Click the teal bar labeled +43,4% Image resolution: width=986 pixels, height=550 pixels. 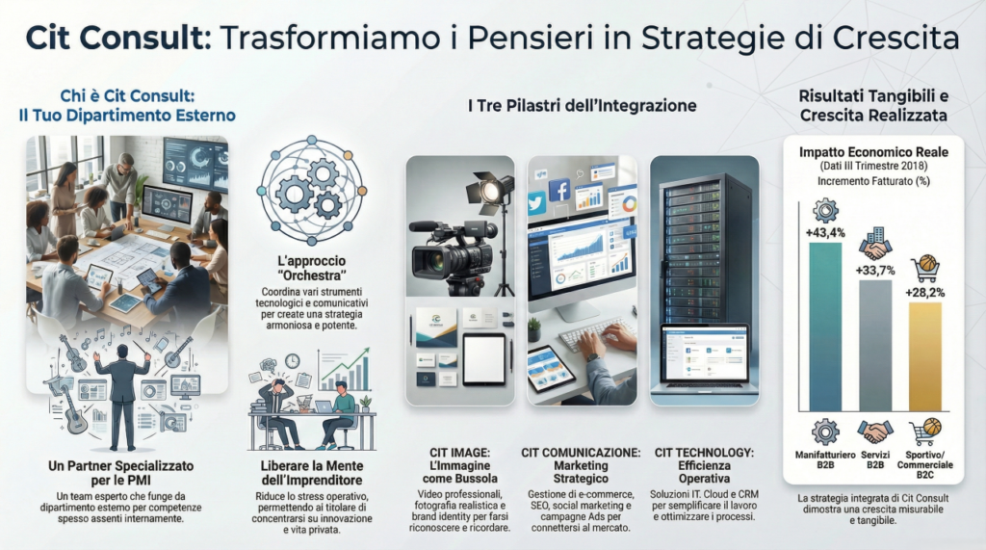click(x=825, y=327)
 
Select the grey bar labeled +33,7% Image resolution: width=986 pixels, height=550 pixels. click(x=875, y=346)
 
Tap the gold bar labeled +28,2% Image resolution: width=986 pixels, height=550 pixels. click(x=925, y=356)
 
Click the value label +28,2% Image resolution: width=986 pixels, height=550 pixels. click(x=925, y=293)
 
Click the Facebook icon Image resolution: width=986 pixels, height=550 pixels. click(x=559, y=190)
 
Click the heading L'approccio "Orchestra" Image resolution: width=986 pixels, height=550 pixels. click(x=312, y=268)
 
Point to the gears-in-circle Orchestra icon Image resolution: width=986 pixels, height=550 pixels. click(x=312, y=192)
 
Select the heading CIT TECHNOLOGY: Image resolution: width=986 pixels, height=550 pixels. click(x=704, y=453)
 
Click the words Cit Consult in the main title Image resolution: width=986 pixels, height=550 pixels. click(x=117, y=38)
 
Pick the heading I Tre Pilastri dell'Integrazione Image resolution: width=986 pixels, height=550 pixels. click(x=582, y=106)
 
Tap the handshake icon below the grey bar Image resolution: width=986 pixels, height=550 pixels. click(x=875, y=432)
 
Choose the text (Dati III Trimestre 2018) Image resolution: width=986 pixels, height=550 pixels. click(x=873, y=166)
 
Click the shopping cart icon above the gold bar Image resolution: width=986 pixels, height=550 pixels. click(x=924, y=270)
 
